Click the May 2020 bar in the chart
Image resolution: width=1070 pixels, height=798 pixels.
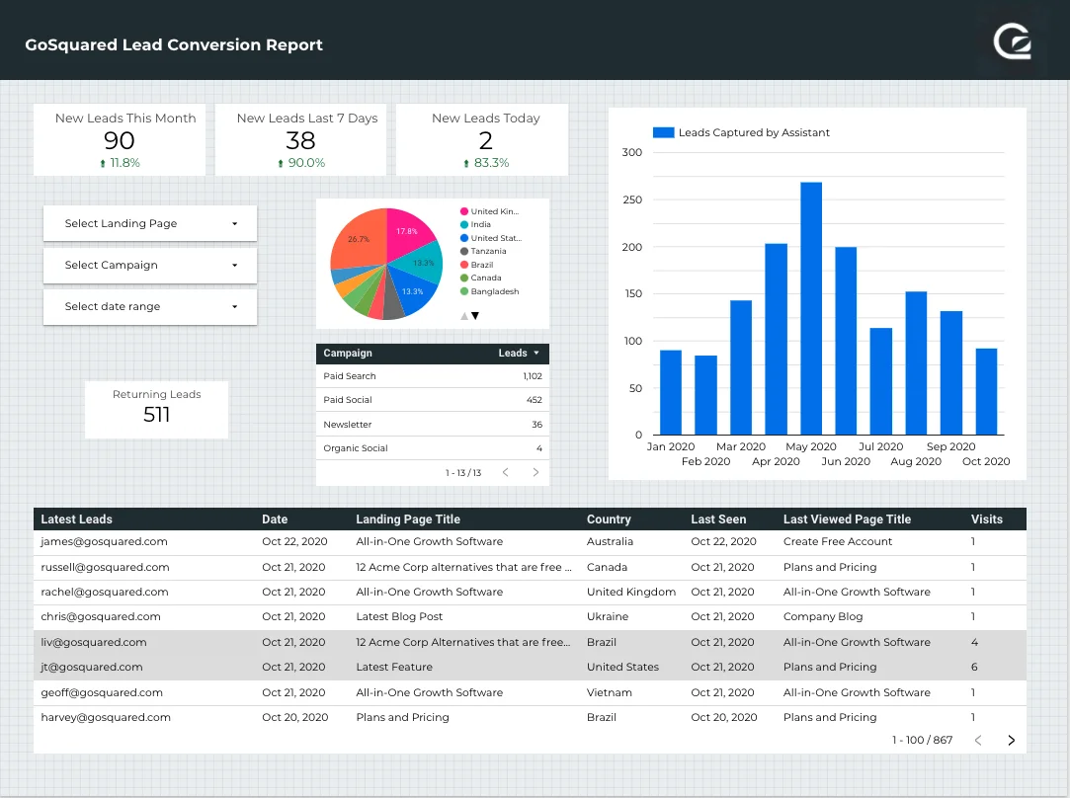(811, 308)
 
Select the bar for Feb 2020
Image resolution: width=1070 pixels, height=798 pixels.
(705, 395)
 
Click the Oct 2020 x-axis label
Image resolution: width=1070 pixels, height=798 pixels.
(986, 461)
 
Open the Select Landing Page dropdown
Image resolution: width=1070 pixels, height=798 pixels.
(150, 223)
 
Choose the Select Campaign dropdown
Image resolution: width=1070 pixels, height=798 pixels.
(150, 265)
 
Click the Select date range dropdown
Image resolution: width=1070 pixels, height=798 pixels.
(150, 306)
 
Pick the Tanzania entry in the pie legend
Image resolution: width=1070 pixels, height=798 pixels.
(488, 251)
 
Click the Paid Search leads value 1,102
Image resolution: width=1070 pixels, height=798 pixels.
(533, 376)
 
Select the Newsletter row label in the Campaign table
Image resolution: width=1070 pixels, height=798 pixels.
(348, 425)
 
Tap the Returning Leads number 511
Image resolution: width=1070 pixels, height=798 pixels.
(157, 415)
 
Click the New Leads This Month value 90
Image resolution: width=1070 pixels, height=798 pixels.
(120, 140)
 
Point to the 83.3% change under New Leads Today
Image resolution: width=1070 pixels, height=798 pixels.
(491, 163)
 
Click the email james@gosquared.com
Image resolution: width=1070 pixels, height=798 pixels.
(104, 541)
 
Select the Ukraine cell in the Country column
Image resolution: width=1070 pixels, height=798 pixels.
(608, 616)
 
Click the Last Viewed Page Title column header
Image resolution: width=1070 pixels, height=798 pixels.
(847, 519)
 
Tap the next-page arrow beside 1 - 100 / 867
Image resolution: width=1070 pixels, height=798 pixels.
(1011, 740)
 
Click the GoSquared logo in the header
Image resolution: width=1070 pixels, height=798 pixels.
(1014, 42)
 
